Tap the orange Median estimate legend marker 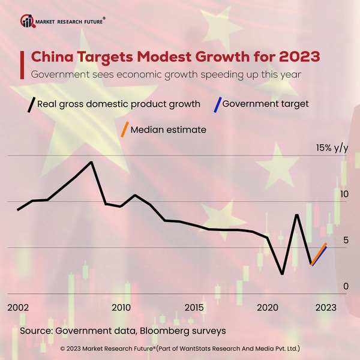pos(124,130)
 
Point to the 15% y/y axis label pos(332,148)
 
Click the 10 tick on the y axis pos(343,195)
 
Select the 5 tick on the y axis pos(345,241)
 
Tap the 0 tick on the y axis pos(345,287)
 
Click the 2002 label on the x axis pos(18,307)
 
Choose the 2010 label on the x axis pos(121,307)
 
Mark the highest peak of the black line pos(91,162)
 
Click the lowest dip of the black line pos(282,274)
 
